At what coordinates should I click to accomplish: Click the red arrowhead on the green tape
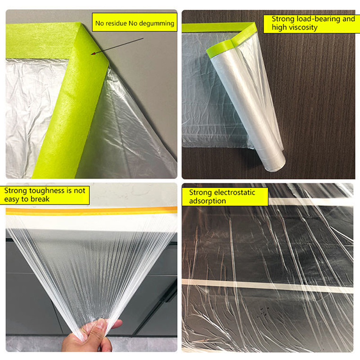pyautogui.click(x=93, y=54)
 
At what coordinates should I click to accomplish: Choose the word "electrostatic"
pyautogui.click(x=236, y=193)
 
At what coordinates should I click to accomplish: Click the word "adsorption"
pyautogui.click(x=207, y=201)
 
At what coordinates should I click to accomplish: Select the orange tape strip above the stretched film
pyautogui.click(x=91, y=211)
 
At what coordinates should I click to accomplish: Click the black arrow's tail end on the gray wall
pyautogui.click(x=143, y=38)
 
